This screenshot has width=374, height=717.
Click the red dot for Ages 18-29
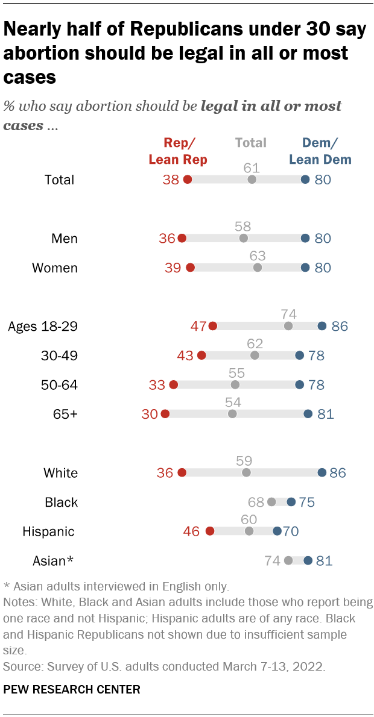[212, 327]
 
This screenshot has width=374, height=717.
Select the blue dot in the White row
[322, 473]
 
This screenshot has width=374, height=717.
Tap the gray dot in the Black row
[271, 502]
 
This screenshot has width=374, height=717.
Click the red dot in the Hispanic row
[209, 531]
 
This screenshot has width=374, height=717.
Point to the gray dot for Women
[258, 268]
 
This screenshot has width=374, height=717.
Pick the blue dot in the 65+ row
[308, 415]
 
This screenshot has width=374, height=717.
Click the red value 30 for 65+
[150, 415]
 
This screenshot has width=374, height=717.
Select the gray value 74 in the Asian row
[272, 561]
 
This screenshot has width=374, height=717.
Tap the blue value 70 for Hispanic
[291, 531]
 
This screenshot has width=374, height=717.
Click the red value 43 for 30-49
[185, 356]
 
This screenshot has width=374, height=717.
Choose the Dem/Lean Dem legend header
[320, 151]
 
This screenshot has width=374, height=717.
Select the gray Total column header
[251, 143]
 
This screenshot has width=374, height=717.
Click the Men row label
[65, 239]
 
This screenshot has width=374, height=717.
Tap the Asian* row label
[53, 561]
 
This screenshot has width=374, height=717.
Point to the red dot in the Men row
[182, 239]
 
